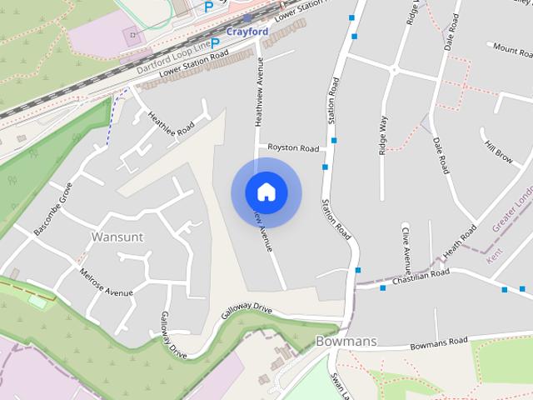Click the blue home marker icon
(x=266, y=192)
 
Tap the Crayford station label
(x=247, y=32)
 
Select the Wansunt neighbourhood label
(x=117, y=237)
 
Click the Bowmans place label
(x=346, y=341)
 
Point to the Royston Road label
(x=293, y=148)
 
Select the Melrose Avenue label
(x=106, y=282)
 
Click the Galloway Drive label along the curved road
(x=247, y=312)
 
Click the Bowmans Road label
(x=440, y=342)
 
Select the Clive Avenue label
(x=406, y=248)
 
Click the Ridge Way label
(x=383, y=134)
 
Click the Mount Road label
(x=512, y=49)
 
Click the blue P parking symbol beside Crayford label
(x=215, y=42)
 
